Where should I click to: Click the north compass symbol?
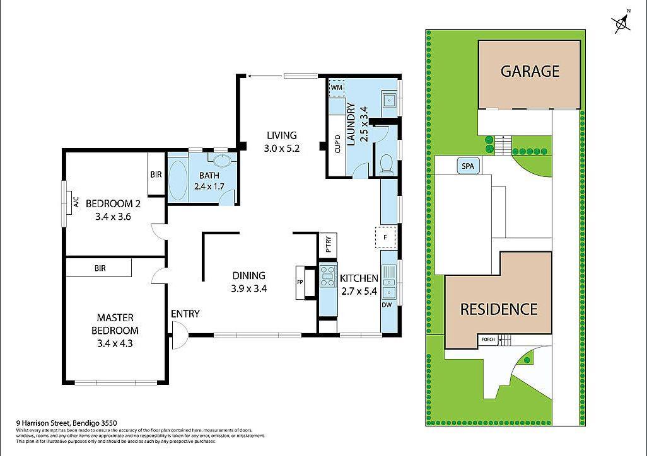coord(622,23)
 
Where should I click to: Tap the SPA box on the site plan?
coord(467,166)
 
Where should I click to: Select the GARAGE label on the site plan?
coord(530,71)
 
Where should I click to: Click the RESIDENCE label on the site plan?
coord(498,309)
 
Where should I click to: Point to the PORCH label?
coord(487,340)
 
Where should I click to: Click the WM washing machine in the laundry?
coord(335,88)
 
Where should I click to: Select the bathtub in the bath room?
coord(178,180)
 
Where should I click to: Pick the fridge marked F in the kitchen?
coord(385,237)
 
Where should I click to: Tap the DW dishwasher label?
coord(387,305)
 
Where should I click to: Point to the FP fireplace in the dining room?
coord(300,282)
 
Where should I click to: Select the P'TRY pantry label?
coord(329,244)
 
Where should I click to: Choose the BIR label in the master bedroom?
coord(100,268)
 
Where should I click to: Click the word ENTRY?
coord(185,314)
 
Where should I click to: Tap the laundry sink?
coord(389,99)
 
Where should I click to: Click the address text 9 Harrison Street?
coord(66,423)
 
